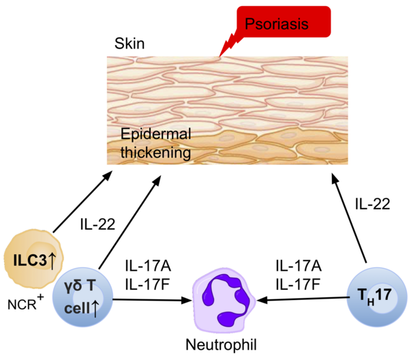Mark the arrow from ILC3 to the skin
82,205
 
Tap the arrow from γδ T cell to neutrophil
150,299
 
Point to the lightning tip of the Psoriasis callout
221,55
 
